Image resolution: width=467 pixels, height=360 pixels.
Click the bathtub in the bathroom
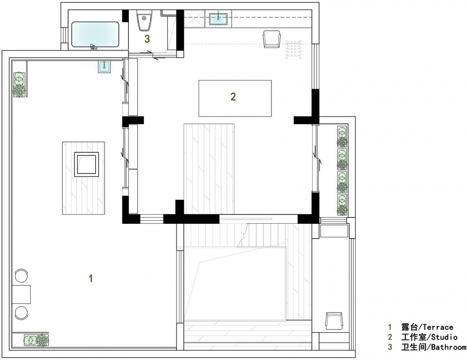click(95, 35)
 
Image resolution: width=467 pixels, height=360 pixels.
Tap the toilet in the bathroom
click(144, 20)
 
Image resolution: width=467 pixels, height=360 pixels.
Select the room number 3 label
click(147, 39)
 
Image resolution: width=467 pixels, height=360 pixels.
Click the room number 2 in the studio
click(233, 96)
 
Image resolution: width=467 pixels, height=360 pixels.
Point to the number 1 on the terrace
click(91, 278)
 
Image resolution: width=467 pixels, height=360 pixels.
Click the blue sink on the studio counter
click(218, 19)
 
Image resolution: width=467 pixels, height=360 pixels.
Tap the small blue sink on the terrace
click(105, 66)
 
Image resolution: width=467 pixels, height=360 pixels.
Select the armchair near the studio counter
click(271, 39)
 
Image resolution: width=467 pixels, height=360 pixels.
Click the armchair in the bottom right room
click(334, 321)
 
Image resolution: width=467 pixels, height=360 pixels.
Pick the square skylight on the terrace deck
click(87, 164)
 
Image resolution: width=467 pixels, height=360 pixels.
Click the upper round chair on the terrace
click(21, 275)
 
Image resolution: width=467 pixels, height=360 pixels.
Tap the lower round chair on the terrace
click(21, 313)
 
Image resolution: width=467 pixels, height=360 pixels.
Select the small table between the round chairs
click(21, 294)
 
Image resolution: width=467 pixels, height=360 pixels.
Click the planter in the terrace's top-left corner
click(19, 84)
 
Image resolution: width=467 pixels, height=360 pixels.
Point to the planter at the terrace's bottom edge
click(36, 340)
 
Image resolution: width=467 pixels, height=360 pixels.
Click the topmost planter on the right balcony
click(342, 137)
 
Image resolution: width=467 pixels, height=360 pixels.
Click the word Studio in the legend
click(444, 337)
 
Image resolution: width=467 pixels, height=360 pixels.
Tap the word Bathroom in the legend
click(449, 347)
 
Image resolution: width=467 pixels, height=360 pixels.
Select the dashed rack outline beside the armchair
click(293, 50)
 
